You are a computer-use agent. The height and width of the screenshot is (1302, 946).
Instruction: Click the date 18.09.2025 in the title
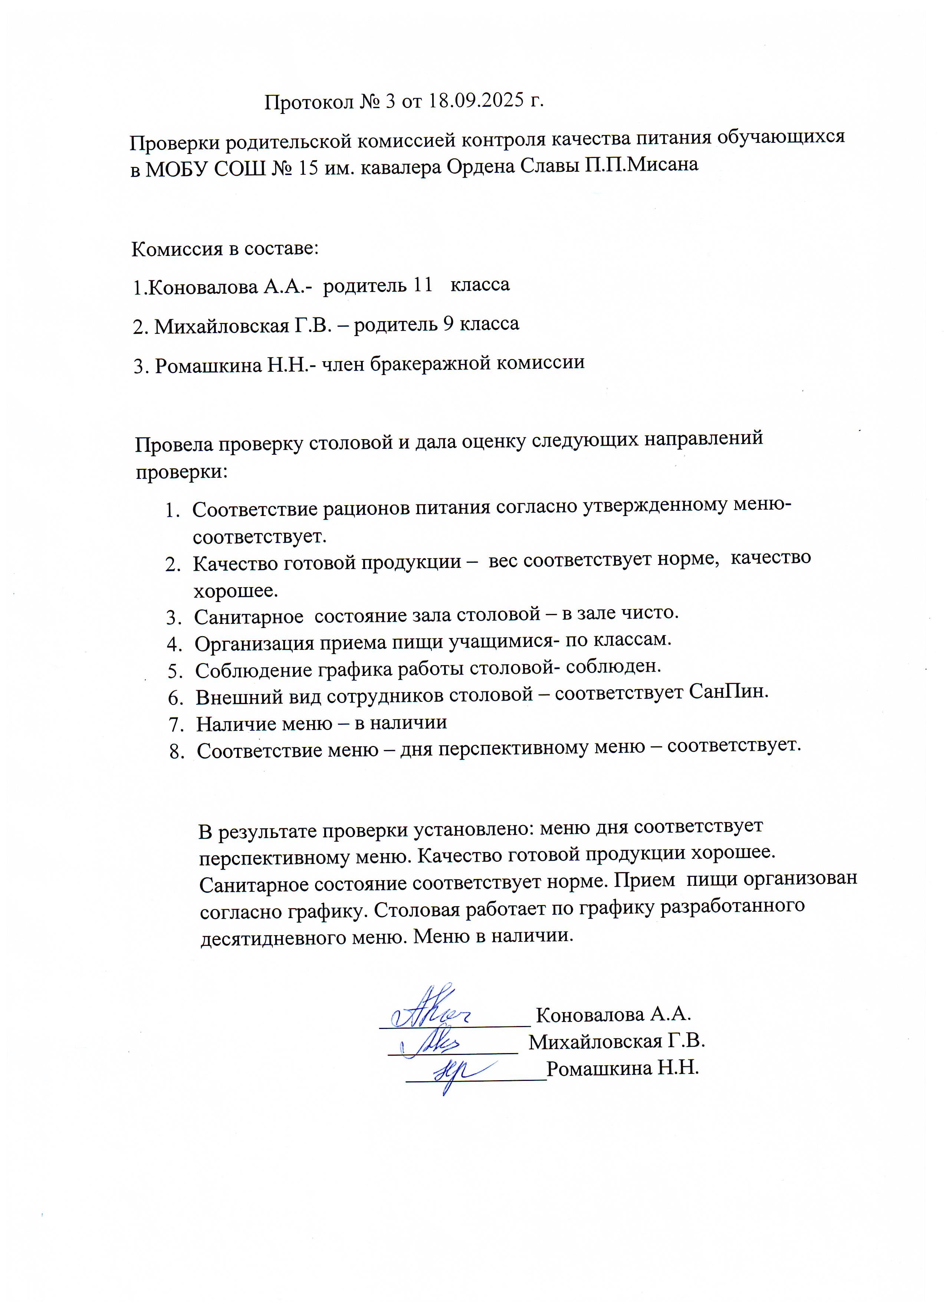477,101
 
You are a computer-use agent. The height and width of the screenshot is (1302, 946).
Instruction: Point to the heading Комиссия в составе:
224,249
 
